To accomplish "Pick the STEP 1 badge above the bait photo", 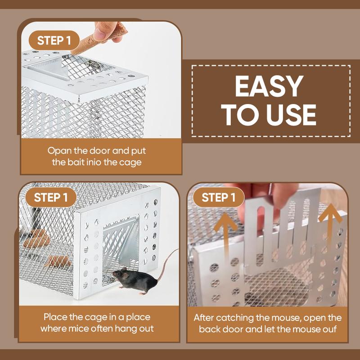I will coord(54,40).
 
